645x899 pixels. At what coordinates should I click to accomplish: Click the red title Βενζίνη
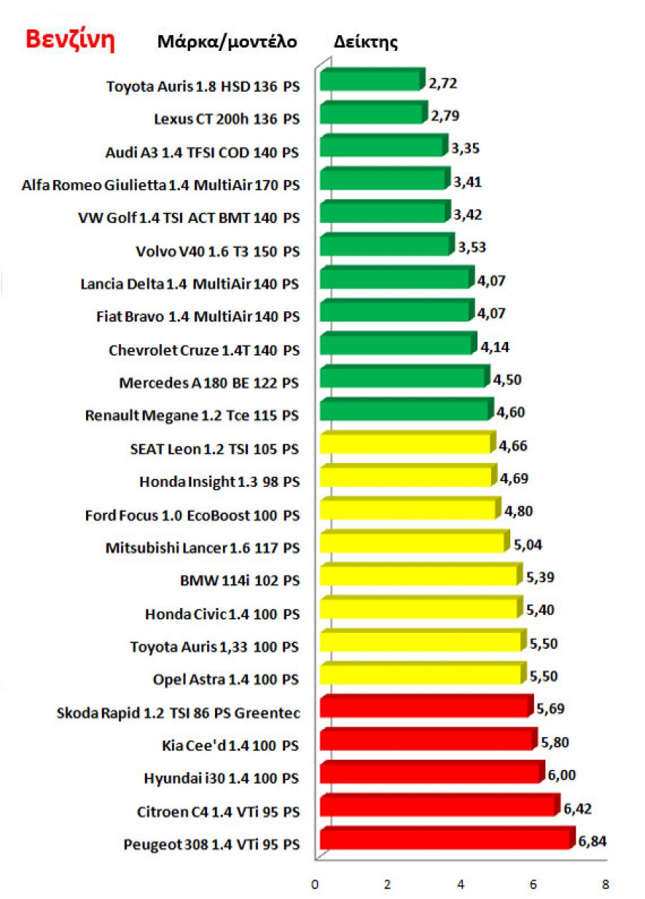(x=70, y=39)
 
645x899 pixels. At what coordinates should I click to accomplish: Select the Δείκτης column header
(x=365, y=42)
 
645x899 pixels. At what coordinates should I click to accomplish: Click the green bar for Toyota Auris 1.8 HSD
(x=370, y=81)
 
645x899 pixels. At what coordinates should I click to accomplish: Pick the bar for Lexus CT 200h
(x=371, y=114)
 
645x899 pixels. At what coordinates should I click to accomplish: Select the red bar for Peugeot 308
(x=446, y=839)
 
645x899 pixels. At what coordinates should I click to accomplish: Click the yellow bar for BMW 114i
(x=418, y=576)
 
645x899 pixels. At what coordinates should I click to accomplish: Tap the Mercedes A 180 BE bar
(x=403, y=378)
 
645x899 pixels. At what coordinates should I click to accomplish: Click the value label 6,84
(x=593, y=842)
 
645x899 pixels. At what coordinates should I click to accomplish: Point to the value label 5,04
(x=527, y=545)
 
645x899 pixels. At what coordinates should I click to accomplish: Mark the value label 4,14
(x=494, y=347)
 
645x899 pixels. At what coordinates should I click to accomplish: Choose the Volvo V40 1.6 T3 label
(x=217, y=251)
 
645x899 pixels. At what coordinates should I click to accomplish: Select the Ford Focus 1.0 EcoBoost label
(x=191, y=515)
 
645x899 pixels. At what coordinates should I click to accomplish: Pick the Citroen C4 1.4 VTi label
(x=218, y=812)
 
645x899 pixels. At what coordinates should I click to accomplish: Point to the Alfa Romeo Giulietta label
(x=161, y=185)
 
